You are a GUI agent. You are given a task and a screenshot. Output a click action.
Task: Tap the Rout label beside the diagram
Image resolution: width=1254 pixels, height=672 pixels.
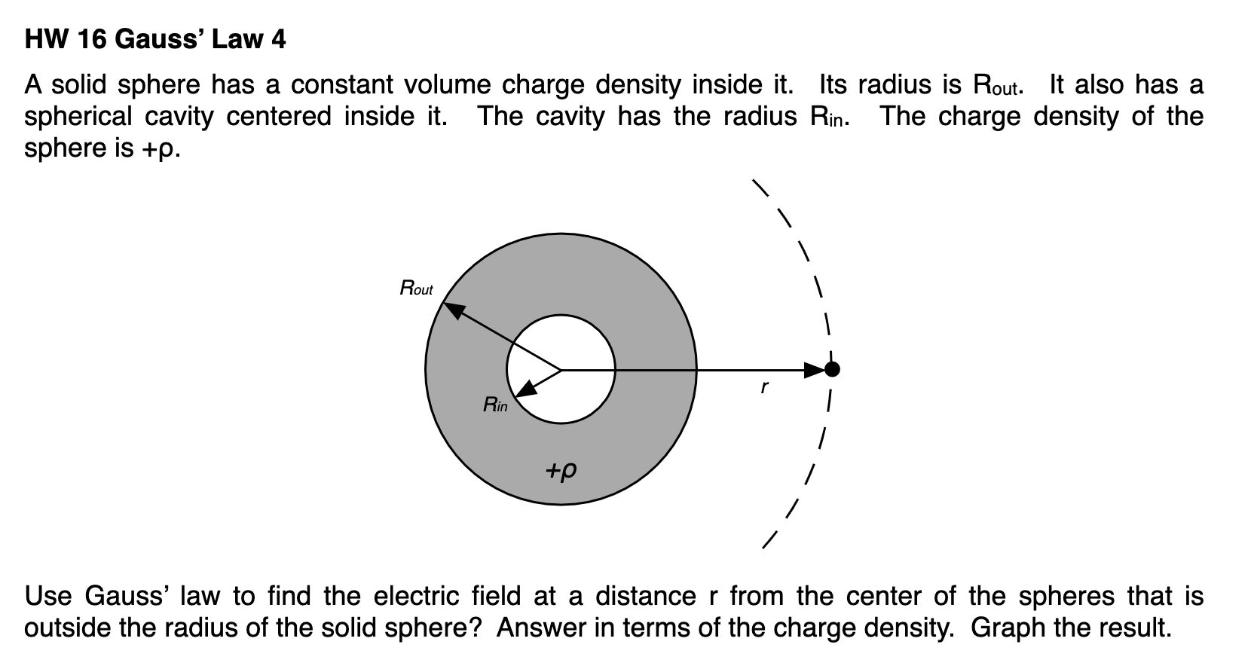pos(416,289)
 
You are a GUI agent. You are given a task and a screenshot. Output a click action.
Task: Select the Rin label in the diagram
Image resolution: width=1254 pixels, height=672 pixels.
pos(494,405)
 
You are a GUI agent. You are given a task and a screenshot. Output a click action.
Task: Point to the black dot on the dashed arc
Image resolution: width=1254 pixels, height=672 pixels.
pos(831,369)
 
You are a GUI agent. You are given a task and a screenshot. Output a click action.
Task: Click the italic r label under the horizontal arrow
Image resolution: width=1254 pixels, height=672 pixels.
pos(764,388)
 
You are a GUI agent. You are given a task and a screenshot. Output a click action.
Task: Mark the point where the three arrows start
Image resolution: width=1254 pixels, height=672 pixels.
pos(561,370)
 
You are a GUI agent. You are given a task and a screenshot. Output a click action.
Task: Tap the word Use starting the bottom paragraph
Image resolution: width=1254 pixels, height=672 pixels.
pos(49,596)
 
